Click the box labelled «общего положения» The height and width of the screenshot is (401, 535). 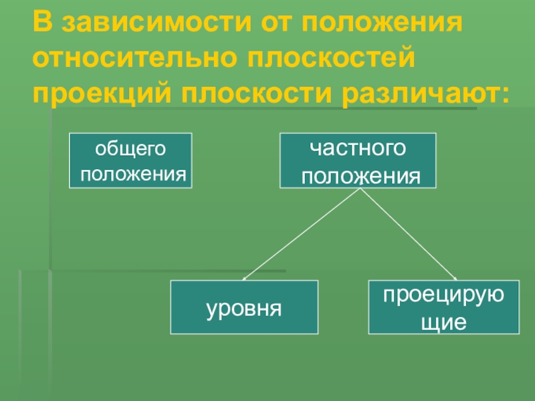[131, 160]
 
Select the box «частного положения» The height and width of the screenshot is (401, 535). [357, 160]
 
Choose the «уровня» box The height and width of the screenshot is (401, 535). [244, 307]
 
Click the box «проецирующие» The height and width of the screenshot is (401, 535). [443, 307]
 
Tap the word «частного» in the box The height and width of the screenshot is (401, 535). [357, 147]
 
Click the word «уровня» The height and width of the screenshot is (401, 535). [244, 308]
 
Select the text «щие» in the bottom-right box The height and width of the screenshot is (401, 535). [442, 322]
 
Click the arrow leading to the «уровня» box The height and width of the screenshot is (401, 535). [301, 234]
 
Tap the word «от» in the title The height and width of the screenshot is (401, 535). [278, 24]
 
